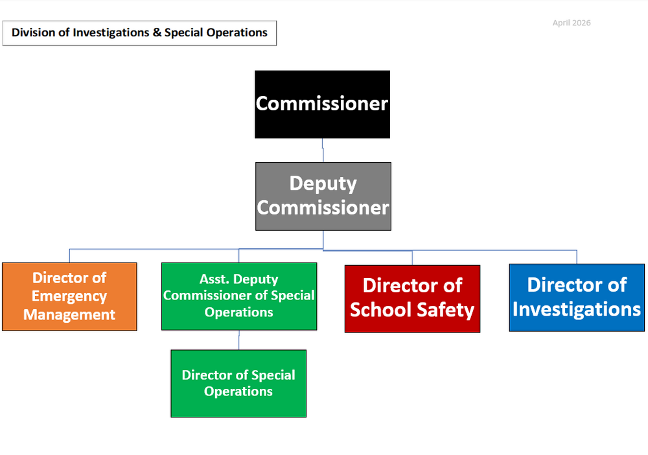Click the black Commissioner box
point(322,104)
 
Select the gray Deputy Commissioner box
point(323,196)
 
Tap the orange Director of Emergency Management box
point(69,296)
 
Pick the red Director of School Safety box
point(412,298)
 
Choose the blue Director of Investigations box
point(577,297)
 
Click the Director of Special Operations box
point(238,383)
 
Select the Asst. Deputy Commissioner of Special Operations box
point(238,296)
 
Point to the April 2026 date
point(572,23)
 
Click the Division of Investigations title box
point(139,32)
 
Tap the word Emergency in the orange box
point(69,296)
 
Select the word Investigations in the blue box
point(577,309)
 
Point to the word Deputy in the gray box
point(323,183)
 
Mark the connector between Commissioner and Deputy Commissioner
point(323,150)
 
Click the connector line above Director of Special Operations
point(238,340)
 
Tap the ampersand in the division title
point(157,32)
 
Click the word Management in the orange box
point(69,315)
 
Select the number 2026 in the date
point(581,23)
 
